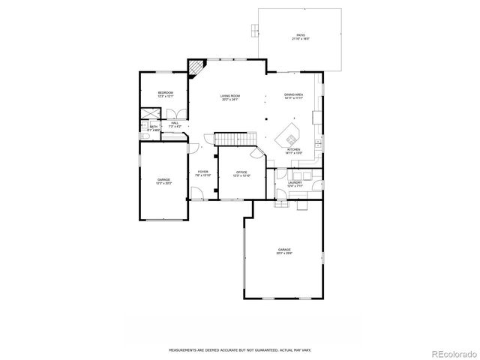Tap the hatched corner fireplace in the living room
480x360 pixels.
(196, 69)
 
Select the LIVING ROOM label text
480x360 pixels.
(229, 97)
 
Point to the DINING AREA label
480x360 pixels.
(293, 96)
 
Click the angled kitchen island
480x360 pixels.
(288, 137)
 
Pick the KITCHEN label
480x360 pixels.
(293, 151)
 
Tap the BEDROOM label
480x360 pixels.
(165, 94)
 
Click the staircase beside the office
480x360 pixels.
(226, 140)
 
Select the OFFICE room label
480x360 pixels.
(241, 174)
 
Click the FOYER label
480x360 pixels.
(203, 173)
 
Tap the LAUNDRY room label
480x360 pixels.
(294, 184)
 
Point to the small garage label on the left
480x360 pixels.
(163, 181)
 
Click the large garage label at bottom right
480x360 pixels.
(284, 251)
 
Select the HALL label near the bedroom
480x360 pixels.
(174, 124)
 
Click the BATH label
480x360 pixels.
(153, 128)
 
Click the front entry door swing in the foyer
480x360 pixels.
(198, 195)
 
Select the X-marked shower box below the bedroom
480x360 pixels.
(150, 115)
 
